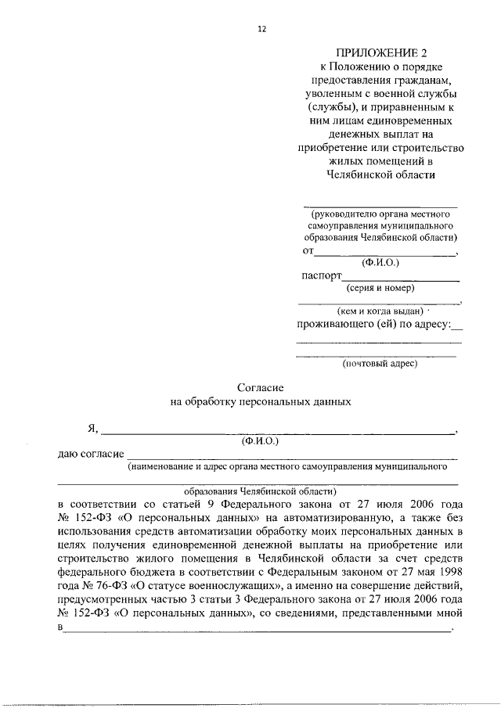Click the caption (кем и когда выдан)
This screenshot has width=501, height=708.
click(x=379, y=311)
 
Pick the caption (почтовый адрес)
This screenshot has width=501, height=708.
click(x=380, y=363)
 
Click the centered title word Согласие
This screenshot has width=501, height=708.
click(x=260, y=387)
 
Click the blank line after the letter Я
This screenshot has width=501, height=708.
click(x=278, y=431)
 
